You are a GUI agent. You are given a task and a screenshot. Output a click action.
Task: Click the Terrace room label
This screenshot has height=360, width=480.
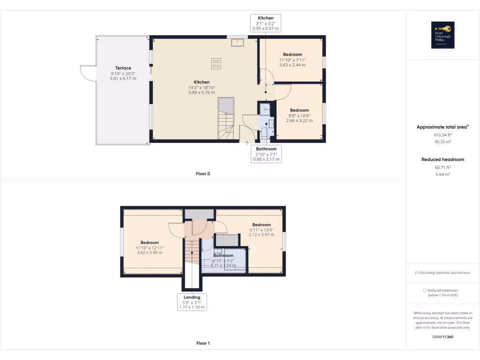[x=123, y=68]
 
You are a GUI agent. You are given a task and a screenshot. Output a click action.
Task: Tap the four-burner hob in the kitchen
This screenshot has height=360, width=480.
[x=216, y=63]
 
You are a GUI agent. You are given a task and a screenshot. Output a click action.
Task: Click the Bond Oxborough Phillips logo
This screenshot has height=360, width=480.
[x=442, y=35]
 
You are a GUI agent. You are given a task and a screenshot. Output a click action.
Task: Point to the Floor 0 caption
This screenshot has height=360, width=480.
[x=202, y=174]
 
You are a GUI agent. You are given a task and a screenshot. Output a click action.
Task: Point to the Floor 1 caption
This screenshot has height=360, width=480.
[x=202, y=344]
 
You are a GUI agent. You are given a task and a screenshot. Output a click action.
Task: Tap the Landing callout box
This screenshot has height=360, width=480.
[x=192, y=302]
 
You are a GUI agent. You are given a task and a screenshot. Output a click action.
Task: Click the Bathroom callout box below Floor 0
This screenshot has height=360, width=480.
[x=266, y=154]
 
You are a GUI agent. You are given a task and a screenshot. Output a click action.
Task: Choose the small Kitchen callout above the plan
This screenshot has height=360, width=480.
[x=266, y=23]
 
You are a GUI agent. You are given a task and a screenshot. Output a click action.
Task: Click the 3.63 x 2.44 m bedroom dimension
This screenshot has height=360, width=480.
[x=292, y=65]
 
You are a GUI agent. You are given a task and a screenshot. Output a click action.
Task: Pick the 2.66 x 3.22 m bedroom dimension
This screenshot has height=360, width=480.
[x=299, y=120]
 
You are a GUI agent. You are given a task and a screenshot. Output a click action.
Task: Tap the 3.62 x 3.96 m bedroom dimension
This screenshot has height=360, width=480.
[x=150, y=253]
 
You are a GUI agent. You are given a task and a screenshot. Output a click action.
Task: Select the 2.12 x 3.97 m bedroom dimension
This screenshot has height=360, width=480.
[x=261, y=235]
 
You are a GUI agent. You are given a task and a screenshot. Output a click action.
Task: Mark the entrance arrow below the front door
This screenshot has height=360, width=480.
[x=247, y=143]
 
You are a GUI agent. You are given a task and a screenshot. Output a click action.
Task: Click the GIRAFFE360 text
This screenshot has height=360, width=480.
[x=442, y=337]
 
